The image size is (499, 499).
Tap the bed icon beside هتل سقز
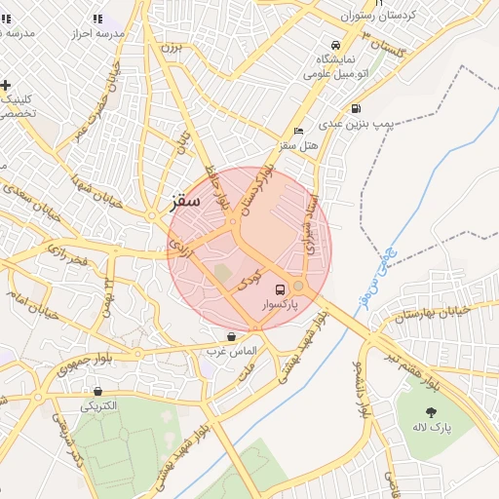pyautogui.click(x=298, y=131)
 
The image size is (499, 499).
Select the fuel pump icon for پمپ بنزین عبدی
pyautogui.click(x=356, y=108)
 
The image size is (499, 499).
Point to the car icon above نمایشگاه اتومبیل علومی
pyautogui.click(x=335, y=45)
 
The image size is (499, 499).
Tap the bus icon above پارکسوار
pyautogui.click(x=281, y=289)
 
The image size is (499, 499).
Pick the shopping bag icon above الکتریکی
pyautogui.click(x=97, y=391)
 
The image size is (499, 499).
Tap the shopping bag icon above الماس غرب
pyautogui.click(x=231, y=335)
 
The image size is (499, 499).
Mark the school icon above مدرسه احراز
pyautogui.click(x=96, y=18)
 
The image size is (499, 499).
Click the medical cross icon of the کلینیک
pyautogui.click(x=7, y=86)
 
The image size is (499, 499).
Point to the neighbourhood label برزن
pyautogui.click(x=172, y=46)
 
